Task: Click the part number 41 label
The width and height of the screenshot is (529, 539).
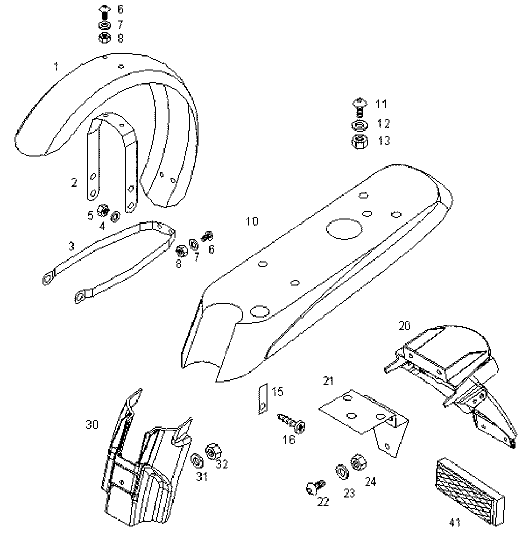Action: (x=454, y=522)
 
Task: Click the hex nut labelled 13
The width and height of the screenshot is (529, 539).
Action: (x=360, y=142)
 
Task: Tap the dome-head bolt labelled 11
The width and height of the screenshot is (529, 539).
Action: (x=360, y=107)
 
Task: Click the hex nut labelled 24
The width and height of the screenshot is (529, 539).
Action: (x=358, y=463)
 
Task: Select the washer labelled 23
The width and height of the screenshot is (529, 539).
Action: (x=342, y=472)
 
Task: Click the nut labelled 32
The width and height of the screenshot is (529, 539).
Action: (x=213, y=451)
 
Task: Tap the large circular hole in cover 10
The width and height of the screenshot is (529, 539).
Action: (x=344, y=229)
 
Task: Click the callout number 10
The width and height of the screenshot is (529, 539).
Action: (x=252, y=221)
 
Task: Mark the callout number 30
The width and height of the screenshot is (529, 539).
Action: (x=92, y=424)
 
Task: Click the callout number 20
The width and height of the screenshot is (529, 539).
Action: (x=404, y=326)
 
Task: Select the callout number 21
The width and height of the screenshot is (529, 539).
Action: (x=329, y=381)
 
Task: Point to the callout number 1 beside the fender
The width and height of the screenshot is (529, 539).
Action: (x=57, y=67)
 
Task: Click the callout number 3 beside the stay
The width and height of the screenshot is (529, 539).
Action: (x=71, y=246)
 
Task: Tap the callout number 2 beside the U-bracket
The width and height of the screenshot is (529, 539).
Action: (x=74, y=182)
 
